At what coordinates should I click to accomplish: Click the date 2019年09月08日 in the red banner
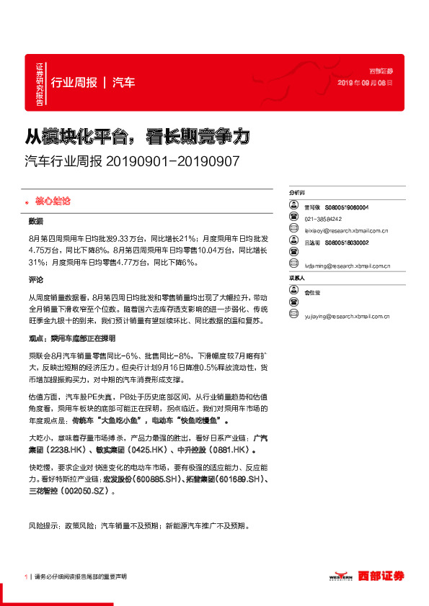366,83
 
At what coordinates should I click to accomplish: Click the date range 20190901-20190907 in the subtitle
172,161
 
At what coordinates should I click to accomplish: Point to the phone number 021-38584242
324,219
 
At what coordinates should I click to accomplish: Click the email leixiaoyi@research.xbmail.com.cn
347,231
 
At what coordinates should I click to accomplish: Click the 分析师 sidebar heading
298,194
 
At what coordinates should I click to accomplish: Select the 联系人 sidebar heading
298,278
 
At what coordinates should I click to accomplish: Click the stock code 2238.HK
67,449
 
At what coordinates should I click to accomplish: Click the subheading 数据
36,220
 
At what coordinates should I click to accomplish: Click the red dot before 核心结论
27,201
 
